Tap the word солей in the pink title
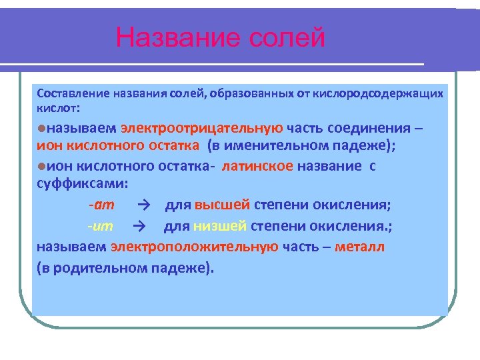point(287,37)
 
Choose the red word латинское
point(257,167)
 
